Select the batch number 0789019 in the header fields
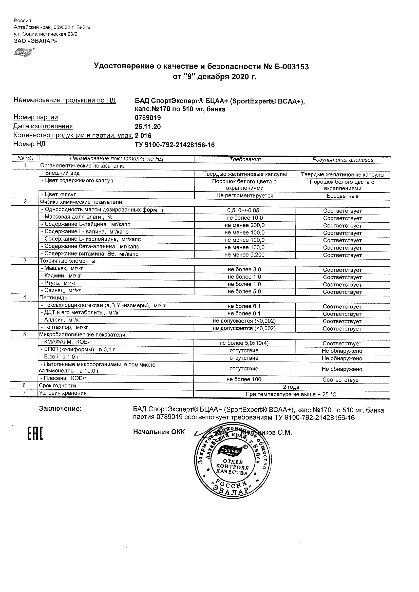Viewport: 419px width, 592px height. (148, 118)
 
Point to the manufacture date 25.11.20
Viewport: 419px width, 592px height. (148, 126)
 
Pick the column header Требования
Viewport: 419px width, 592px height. (245, 159)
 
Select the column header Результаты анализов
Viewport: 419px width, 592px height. (342, 160)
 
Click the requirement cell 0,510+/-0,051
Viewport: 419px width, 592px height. (244, 210)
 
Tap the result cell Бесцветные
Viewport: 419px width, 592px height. (342, 196)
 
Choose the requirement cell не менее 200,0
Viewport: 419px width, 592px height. (244, 225)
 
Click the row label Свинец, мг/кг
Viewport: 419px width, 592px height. (61, 290)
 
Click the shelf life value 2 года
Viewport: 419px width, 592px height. (291, 387)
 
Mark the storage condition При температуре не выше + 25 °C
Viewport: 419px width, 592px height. (291, 394)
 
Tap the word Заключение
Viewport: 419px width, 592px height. (60, 408)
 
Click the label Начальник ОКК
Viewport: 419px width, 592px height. (159, 432)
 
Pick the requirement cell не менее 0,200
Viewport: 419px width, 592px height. (244, 255)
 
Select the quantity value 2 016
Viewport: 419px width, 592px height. (143, 136)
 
